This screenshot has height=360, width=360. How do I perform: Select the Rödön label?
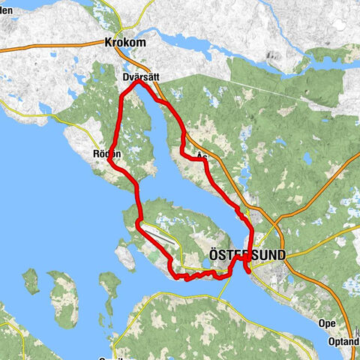106,152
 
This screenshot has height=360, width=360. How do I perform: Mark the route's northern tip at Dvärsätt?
138,83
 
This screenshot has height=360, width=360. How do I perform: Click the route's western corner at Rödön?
109,159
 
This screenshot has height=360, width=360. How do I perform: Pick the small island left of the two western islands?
30,280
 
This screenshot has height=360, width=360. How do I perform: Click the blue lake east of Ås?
307,158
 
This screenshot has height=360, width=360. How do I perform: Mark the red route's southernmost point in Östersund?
248,272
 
